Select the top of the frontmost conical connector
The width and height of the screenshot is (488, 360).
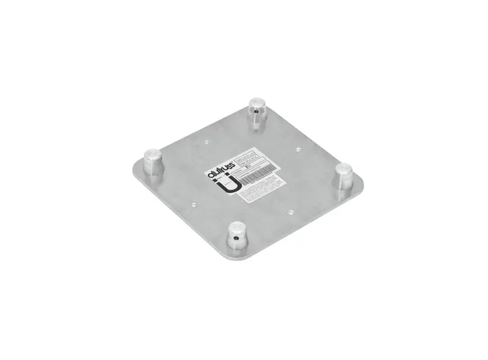238,227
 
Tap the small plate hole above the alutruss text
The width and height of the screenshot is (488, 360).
206,143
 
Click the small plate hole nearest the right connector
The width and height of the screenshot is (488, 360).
298,150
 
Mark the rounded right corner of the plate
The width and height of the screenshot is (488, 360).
362,187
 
